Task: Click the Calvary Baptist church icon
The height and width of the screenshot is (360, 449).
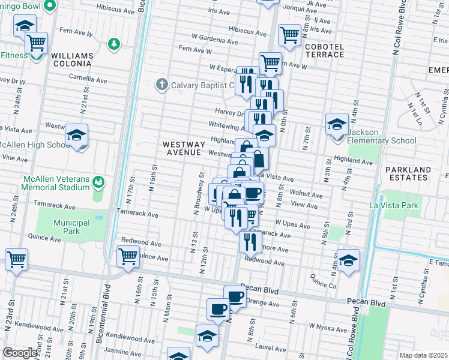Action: (x=161, y=85)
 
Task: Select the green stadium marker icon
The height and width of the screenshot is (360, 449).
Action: (x=99, y=180)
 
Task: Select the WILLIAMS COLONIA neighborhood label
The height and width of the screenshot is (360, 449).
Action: (x=72, y=59)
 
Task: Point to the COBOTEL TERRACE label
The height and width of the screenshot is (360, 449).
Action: (x=324, y=50)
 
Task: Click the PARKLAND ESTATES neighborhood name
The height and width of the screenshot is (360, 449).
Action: (x=408, y=174)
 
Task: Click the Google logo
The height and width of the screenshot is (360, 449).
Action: (x=20, y=353)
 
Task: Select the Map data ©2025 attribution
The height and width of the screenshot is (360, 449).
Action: (x=423, y=355)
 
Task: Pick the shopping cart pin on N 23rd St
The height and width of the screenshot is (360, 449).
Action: (x=16, y=260)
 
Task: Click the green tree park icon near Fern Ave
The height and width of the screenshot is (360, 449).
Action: (x=113, y=43)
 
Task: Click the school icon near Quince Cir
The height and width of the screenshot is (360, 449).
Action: (x=348, y=260)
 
